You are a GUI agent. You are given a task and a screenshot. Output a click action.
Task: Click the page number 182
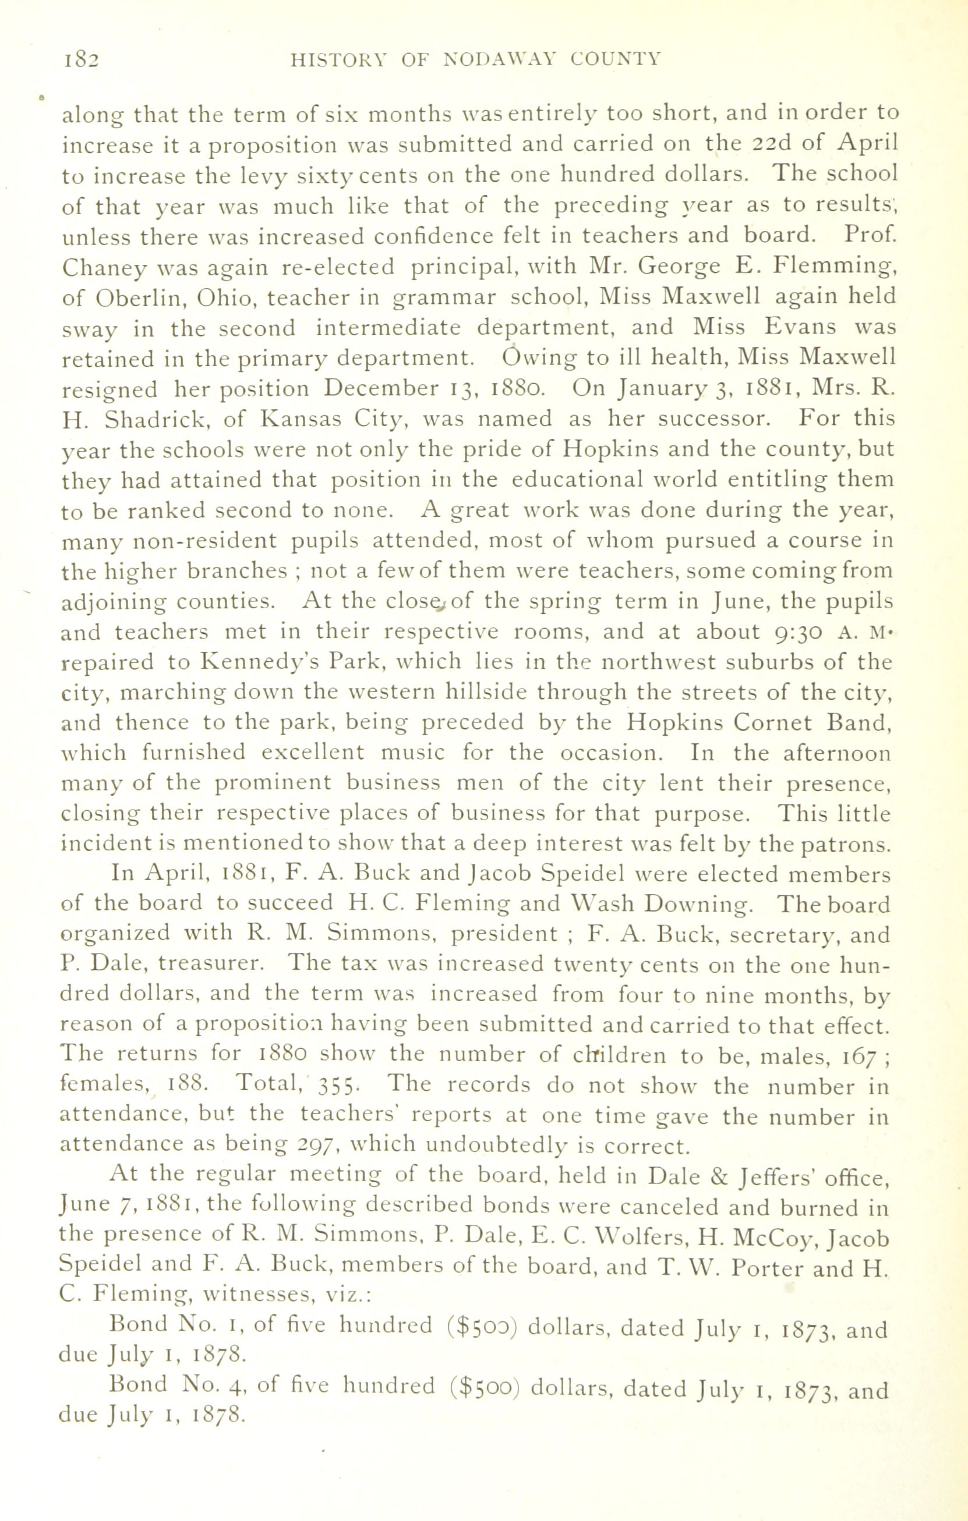coord(81,61)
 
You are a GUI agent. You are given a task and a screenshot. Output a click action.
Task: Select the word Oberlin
coord(139,297)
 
